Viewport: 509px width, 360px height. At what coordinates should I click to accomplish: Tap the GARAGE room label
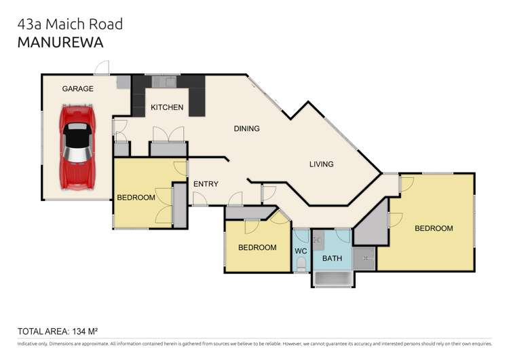click(78, 89)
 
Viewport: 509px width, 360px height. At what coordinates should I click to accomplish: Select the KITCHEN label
click(167, 108)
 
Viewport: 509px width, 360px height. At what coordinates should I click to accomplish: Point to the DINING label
click(246, 128)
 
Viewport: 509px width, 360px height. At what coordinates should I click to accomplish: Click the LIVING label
click(322, 164)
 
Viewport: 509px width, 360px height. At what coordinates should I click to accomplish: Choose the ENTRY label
click(206, 184)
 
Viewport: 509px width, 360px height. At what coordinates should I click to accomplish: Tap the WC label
click(301, 251)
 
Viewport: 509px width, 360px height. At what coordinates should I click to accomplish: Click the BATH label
click(332, 258)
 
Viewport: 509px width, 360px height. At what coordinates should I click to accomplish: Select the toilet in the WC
click(301, 267)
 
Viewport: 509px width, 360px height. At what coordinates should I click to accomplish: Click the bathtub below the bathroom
click(333, 279)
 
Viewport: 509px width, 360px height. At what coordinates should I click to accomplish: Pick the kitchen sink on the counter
click(164, 82)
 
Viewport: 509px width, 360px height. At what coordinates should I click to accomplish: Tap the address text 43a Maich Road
click(70, 24)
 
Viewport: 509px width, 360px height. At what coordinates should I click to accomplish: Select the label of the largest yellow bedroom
click(434, 229)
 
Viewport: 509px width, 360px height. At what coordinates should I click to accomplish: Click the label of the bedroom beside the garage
click(136, 198)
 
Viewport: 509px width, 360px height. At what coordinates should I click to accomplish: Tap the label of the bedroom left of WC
click(257, 248)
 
